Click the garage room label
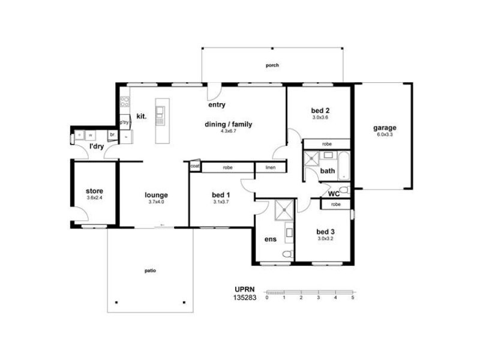[x=384, y=128]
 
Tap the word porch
[x=272, y=65]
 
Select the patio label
[x=150, y=271]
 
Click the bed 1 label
[x=221, y=195]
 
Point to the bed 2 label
[x=320, y=110]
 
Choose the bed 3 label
[x=325, y=232]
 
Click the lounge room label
[x=156, y=195]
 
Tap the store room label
[x=94, y=191]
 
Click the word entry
[x=217, y=105]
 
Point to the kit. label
[x=142, y=116]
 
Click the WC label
[x=334, y=194]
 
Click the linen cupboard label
[x=271, y=167]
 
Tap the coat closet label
[x=195, y=166]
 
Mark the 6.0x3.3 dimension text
[x=384, y=135]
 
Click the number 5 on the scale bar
[x=353, y=298]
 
